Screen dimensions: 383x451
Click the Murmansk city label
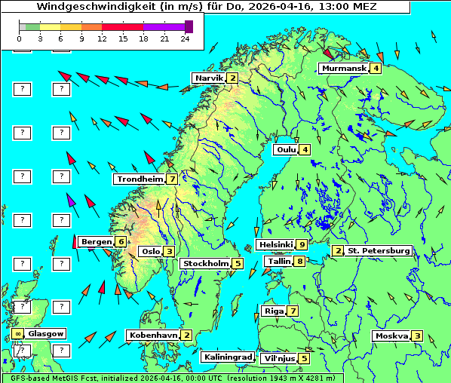(x=344, y=69)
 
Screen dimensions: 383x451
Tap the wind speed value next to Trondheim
(x=173, y=179)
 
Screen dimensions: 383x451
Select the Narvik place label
(x=209, y=78)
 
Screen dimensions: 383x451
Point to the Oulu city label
(x=286, y=149)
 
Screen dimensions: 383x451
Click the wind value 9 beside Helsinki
(x=302, y=244)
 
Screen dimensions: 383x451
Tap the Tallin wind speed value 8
(x=299, y=262)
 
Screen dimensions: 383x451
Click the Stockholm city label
(x=205, y=263)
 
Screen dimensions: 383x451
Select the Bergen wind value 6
(x=121, y=241)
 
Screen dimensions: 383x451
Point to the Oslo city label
(x=150, y=252)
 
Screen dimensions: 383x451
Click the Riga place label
(x=272, y=311)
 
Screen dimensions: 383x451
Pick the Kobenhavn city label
(x=153, y=335)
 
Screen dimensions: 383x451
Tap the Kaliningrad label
(x=227, y=357)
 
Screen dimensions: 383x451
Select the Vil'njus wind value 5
(x=303, y=358)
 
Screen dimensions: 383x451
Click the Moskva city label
(x=391, y=336)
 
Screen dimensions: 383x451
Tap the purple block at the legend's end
(x=189, y=26)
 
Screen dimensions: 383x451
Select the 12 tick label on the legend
(x=102, y=38)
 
